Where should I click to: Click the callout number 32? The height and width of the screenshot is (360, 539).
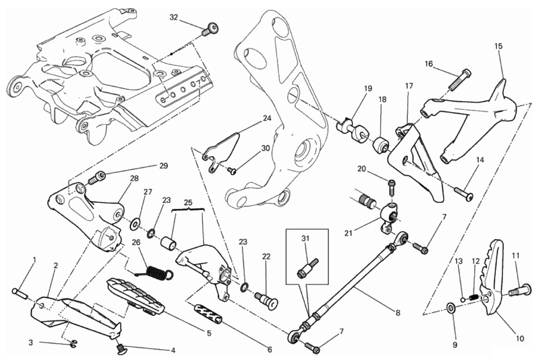click(x=174, y=17)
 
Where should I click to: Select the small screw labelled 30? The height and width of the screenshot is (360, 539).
click(x=232, y=170)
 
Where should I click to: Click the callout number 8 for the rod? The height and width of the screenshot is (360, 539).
click(x=397, y=313)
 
